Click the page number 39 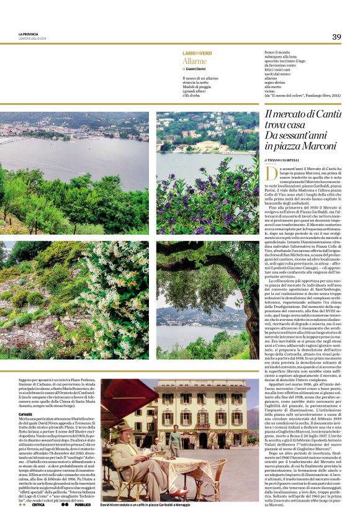(x=336, y=37)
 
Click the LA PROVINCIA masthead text (x=29, y=35)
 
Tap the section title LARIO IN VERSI (x=197, y=54)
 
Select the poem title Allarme (x=194, y=61)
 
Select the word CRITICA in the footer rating (x=38, y=505)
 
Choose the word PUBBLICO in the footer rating (x=83, y=505)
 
